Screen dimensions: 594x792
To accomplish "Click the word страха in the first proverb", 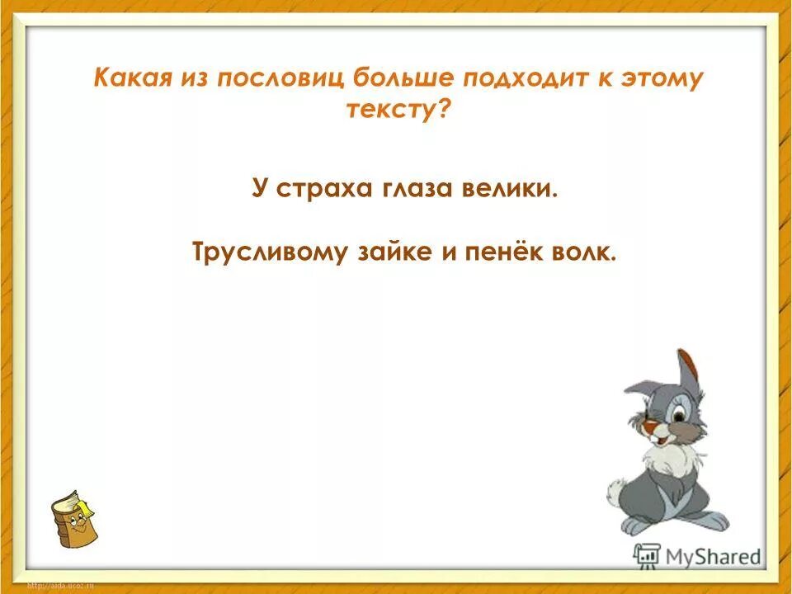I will point(325,189).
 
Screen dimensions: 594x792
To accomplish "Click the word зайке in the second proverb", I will point(391,252).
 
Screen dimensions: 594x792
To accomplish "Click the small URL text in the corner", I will point(62,586).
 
